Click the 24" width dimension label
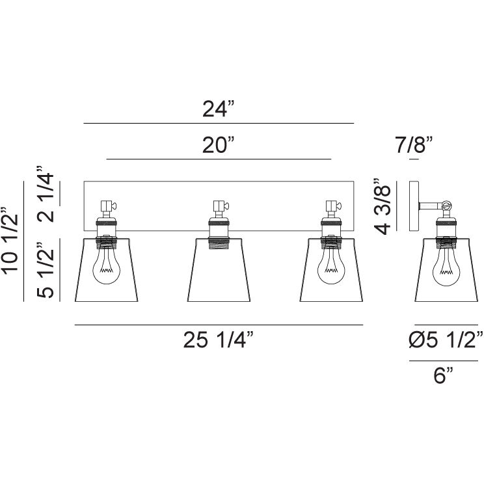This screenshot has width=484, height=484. pyautogui.click(x=219, y=109)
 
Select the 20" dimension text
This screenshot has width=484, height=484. pyautogui.click(x=219, y=145)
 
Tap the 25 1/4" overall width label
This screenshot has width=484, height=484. pyautogui.click(x=219, y=340)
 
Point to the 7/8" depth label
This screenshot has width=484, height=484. pyautogui.click(x=414, y=145)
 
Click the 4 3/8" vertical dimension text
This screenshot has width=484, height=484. pyautogui.click(x=383, y=206)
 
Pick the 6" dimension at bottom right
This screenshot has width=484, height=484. pyautogui.click(x=444, y=375)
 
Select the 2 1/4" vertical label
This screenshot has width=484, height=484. pyautogui.click(x=46, y=194)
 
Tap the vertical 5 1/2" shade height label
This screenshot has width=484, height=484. pyautogui.click(x=46, y=269)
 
